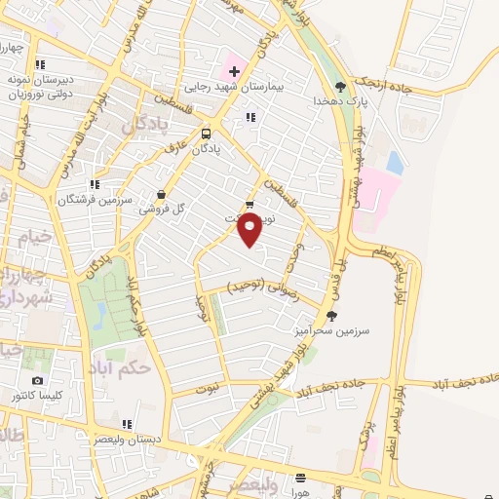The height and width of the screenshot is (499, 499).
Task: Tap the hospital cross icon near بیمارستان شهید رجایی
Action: (234, 71)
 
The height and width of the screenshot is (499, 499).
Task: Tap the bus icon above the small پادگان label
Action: (206, 134)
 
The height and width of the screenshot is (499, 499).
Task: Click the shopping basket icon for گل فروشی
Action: (162, 194)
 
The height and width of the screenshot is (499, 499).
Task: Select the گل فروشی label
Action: (158, 209)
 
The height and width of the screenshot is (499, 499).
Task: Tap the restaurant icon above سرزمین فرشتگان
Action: (95, 184)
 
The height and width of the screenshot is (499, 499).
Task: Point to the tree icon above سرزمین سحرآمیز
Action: (332, 316)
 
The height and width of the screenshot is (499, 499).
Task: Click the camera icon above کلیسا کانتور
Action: (37, 381)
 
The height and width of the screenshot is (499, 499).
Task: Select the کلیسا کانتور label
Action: (37, 396)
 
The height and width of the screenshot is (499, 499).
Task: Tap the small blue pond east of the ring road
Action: (394, 162)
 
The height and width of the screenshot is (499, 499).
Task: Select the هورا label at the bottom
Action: (299, 491)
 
